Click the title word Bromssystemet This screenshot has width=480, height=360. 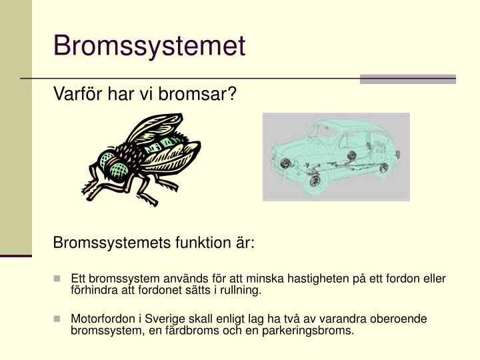pyautogui.click(x=149, y=46)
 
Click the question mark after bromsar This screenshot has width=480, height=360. pyautogui.click(x=233, y=95)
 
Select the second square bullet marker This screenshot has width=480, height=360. pyautogui.click(x=58, y=319)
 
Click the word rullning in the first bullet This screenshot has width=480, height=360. pyautogui.click(x=241, y=291)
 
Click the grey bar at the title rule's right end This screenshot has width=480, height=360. pyautogui.click(x=407, y=79)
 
